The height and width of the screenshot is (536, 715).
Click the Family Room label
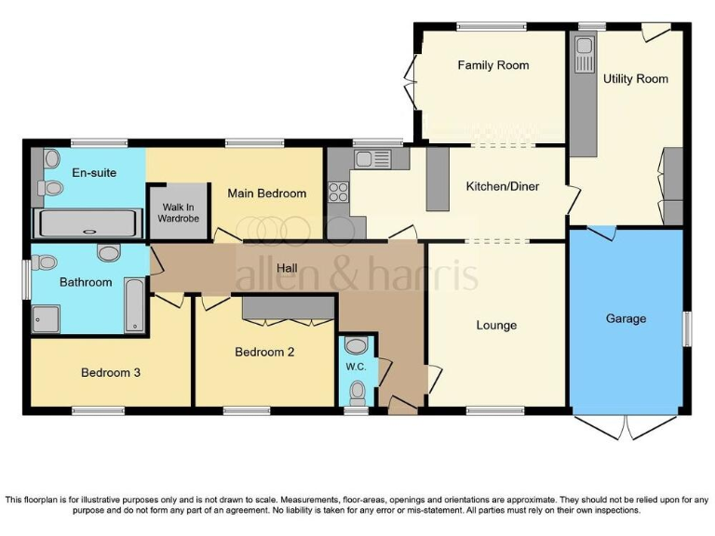coord(492,65)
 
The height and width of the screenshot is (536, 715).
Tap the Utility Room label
coord(635,79)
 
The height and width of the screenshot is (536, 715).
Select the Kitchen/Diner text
coord(503,186)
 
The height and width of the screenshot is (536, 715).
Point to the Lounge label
coord(496,325)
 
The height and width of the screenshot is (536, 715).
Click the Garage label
coord(626,318)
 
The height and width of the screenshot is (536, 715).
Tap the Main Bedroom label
coord(266,194)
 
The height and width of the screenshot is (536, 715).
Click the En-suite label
coord(93,172)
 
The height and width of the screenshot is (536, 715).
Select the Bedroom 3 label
coord(110,372)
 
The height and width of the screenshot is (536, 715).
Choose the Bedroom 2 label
coord(264,352)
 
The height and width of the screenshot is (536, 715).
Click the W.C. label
coord(356,367)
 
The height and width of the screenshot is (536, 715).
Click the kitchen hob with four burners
coord(337,193)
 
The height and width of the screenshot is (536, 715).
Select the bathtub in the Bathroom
coord(135,304)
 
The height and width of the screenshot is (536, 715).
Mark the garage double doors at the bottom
coord(626,426)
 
